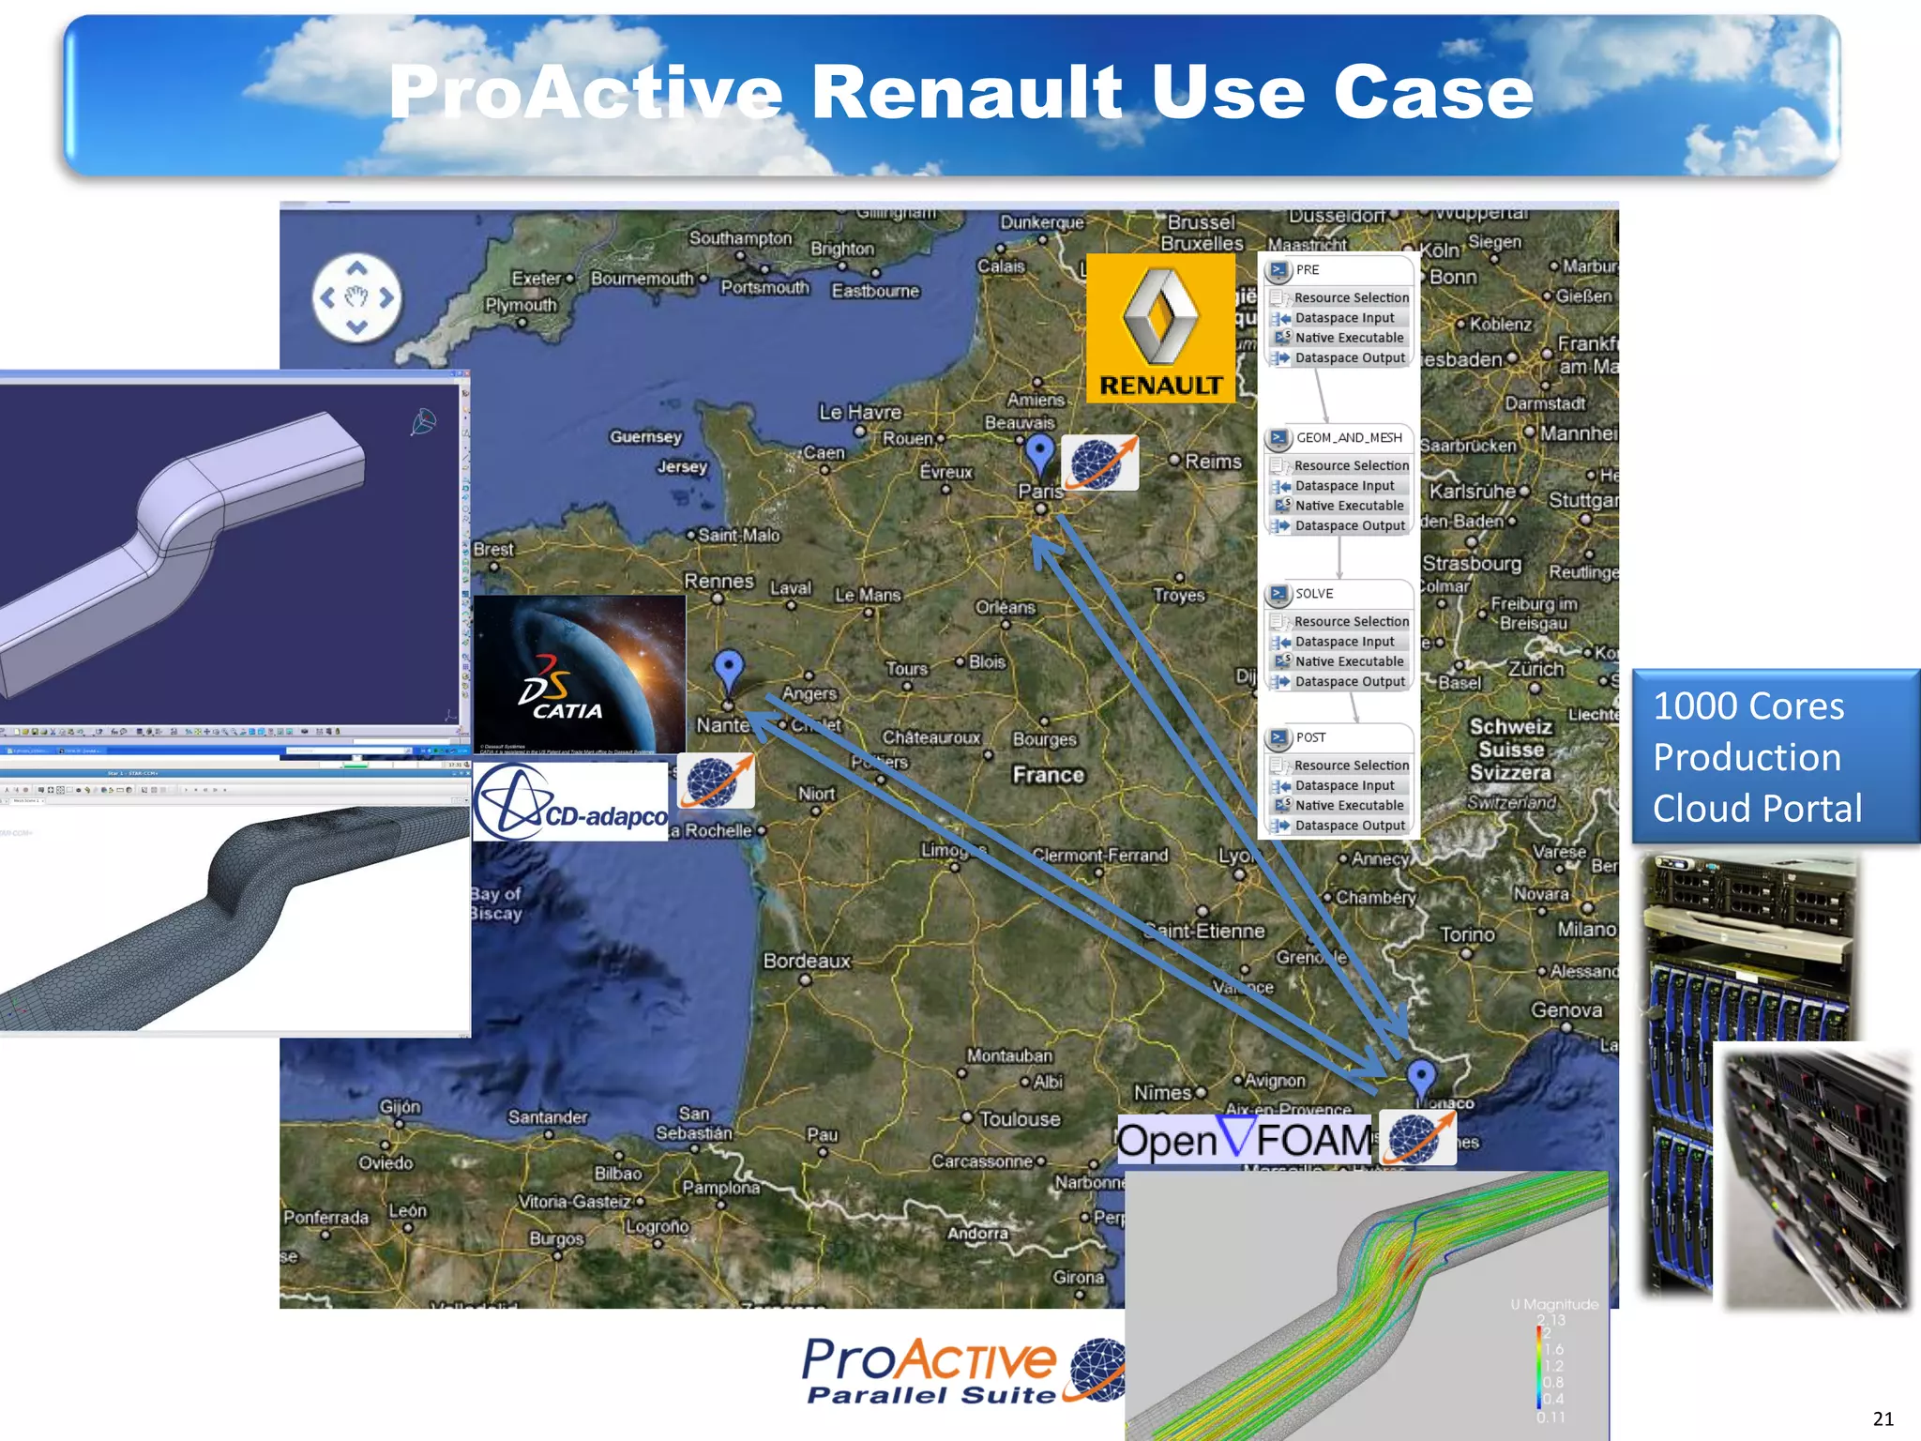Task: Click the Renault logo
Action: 1160,328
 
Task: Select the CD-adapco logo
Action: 570,802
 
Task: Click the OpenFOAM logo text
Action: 1244,1140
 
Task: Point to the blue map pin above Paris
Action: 1039,453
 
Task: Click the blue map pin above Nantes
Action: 729,670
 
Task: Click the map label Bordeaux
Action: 807,962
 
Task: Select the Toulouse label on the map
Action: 1020,1119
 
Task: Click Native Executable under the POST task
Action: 1349,806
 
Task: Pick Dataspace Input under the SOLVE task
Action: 1344,642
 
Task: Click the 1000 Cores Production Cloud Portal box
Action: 1775,756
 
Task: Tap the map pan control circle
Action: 356,298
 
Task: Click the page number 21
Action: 1883,1418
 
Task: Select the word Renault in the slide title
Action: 966,93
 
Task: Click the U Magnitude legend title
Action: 1553,1304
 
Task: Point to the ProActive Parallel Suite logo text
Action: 929,1371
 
